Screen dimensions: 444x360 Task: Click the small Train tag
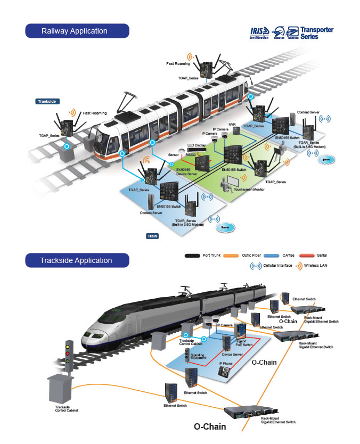pos(152,235)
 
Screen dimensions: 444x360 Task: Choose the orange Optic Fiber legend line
pos(232,256)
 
